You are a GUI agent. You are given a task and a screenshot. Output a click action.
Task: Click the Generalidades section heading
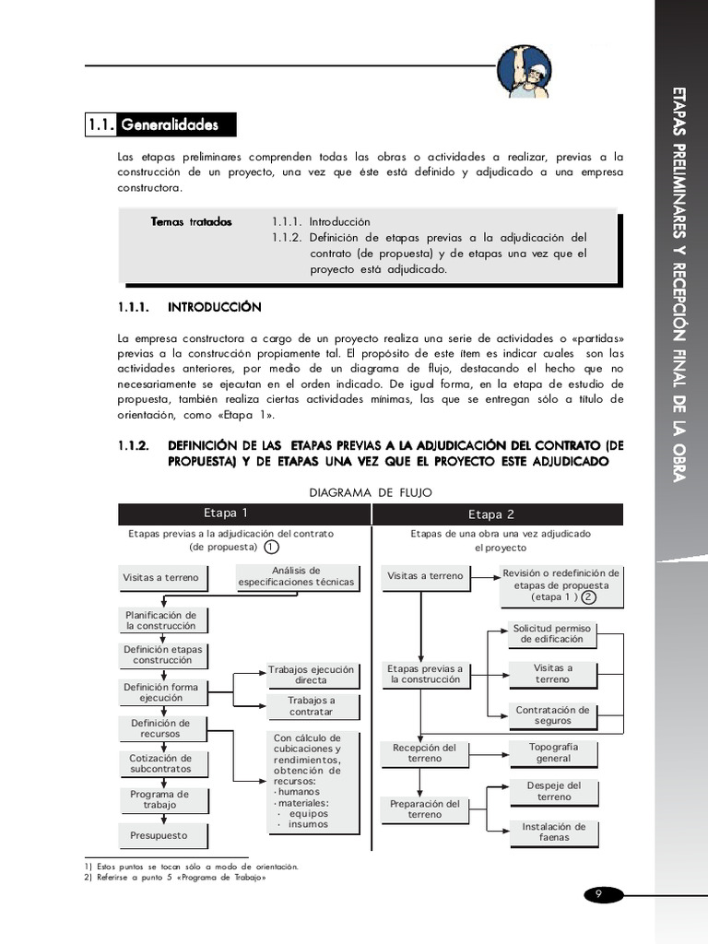tap(160, 124)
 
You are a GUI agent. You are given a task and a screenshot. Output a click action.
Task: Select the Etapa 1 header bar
tap(243, 513)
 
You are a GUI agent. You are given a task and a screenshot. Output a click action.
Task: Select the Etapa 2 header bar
tap(498, 514)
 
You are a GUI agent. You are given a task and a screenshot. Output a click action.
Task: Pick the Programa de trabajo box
tap(160, 799)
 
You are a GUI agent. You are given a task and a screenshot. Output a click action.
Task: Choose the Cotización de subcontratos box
tap(160, 763)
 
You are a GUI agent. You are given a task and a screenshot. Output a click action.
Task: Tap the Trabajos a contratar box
tap(311, 706)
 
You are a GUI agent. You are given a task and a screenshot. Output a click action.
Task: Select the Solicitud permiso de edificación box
tap(552, 633)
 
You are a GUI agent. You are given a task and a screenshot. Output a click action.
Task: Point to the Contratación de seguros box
tap(552, 715)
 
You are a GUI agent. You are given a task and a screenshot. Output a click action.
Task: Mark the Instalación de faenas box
tap(553, 832)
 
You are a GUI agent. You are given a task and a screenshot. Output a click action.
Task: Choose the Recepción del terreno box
tap(424, 752)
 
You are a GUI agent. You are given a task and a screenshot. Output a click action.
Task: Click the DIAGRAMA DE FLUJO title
tap(370, 492)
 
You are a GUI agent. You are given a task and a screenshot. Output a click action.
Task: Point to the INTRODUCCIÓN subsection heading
tap(214, 306)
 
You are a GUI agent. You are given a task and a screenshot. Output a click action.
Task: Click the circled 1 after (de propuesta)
tap(271, 547)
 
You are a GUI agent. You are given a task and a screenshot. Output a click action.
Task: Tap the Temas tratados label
tap(192, 222)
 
